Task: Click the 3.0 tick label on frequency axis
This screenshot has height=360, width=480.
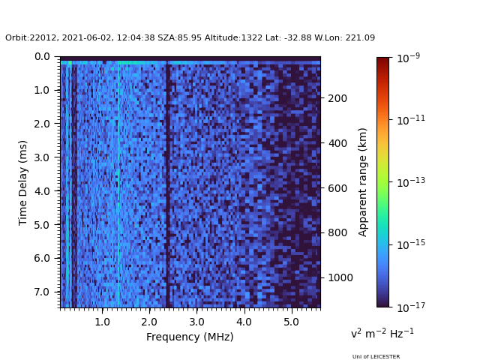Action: pos(196,322)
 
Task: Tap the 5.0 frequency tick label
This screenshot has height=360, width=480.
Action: pos(290,322)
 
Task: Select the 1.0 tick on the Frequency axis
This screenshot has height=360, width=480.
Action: pos(103,322)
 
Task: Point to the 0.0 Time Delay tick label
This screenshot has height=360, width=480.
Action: pos(42,56)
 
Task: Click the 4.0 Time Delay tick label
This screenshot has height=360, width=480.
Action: pos(42,191)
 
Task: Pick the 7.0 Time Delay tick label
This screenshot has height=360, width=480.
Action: pos(42,292)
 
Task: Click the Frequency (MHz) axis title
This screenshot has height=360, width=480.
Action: pos(190,337)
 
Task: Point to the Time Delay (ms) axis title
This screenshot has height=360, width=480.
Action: pos(23,182)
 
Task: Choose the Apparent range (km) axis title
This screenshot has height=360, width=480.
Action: pos(363,181)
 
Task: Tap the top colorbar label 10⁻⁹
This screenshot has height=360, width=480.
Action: pos(407,58)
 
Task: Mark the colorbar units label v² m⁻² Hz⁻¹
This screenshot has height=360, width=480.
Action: pos(382,333)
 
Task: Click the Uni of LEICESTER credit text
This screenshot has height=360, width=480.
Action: pos(376,357)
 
